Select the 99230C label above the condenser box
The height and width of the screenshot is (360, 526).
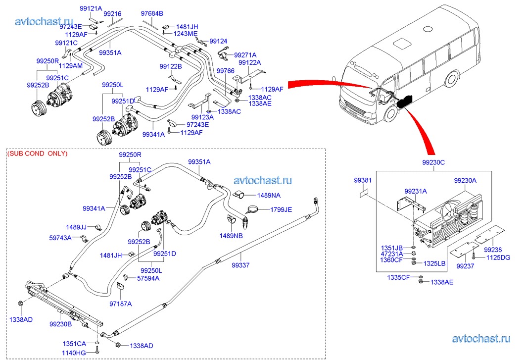[x=433, y=162]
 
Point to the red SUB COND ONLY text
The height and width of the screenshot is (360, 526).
[x=38, y=154]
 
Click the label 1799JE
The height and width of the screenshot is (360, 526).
[x=281, y=209]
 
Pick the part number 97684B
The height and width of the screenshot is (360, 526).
[x=152, y=13]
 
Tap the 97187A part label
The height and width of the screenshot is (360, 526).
[x=121, y=303]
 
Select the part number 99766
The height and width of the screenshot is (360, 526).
[x=226, y=71]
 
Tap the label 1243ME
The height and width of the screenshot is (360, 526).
[x=186, y=34]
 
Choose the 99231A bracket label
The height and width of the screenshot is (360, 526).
[x=415, y=191]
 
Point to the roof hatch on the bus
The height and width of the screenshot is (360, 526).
[x=402, y=43]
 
